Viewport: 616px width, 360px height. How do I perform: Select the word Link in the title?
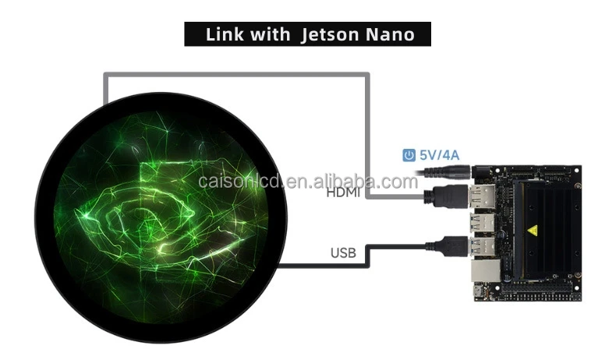[x=225, y=34]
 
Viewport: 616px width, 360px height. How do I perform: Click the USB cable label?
[x=343, y=252]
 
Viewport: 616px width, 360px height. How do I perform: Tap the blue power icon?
[x=409, y=155]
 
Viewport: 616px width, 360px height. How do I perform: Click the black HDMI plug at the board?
[x=446, y=196]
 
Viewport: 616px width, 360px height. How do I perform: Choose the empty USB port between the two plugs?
[x=480, y=223]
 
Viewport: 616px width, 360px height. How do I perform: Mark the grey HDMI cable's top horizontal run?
[x=234, y=75]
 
